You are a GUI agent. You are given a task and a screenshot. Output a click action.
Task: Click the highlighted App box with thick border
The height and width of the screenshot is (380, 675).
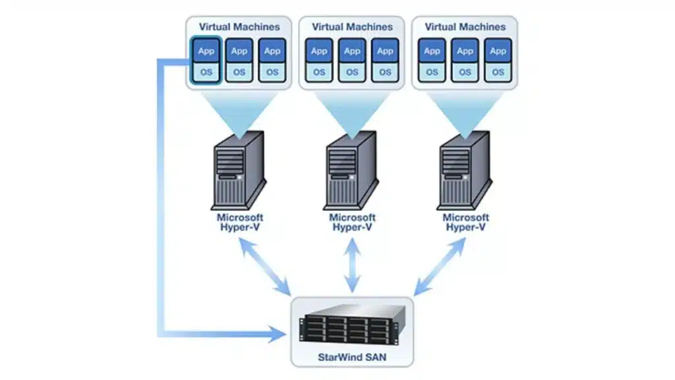click(x=206, y=51)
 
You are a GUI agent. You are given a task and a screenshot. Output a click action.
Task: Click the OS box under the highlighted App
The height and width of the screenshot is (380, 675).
click(x=206, y=72)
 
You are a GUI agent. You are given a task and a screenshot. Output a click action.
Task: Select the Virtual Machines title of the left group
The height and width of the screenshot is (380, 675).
click(x=239, y=27)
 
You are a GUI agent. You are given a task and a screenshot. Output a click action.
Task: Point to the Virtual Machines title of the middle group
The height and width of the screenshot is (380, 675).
click(x=352, y=27)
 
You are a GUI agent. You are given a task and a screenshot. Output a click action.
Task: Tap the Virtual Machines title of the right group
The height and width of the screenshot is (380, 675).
click(x=465, y=27)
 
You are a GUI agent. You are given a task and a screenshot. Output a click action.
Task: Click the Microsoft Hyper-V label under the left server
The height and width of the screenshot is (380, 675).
click(x=240, y=222)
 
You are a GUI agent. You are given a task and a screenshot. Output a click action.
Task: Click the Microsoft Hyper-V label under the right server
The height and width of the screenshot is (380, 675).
click(x=465, y=222)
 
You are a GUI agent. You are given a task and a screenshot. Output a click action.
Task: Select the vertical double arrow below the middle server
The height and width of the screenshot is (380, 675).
click(x=353, y=266)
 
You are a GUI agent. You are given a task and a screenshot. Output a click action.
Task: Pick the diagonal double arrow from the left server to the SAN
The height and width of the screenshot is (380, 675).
click(x=266, y=266)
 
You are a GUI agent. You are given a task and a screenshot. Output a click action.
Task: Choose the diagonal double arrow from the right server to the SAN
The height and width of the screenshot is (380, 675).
click(x=440, y=266)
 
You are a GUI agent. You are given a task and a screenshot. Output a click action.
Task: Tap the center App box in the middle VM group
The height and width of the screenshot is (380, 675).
click(x=352, y=51)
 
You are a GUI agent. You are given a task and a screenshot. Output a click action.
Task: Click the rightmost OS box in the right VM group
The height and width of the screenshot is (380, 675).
click(x=498, y=72)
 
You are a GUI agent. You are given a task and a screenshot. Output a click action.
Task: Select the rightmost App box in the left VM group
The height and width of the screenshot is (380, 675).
click(x=272, y=51)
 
